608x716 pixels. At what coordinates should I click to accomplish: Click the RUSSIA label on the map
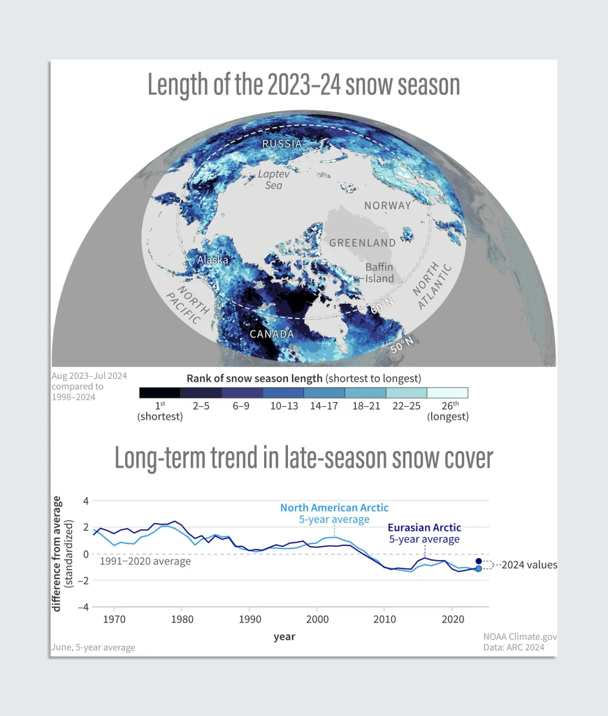(282, 144)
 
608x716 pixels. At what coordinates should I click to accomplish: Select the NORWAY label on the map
(387, 206)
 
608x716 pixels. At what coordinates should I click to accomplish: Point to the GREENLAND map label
(362, 243)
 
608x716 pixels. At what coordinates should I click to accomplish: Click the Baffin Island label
(379, 273)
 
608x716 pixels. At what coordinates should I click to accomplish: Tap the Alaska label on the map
(212, 259)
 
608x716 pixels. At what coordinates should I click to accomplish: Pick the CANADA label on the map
(272, 334)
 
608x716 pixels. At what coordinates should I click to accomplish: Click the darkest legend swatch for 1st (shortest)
(160, 393)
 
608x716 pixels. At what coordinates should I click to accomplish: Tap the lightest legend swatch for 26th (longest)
(447, 393)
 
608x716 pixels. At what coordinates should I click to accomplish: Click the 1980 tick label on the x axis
(182, 619)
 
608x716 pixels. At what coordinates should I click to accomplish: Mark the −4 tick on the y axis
(85, 607)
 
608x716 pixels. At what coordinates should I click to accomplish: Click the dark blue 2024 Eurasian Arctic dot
(479, 561)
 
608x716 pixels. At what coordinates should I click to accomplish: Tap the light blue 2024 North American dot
(479, 568)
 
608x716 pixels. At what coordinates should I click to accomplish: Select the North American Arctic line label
(334, 508)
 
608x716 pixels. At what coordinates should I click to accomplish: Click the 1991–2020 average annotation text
(145, 561)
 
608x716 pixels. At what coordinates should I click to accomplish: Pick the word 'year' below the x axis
(284, 636)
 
